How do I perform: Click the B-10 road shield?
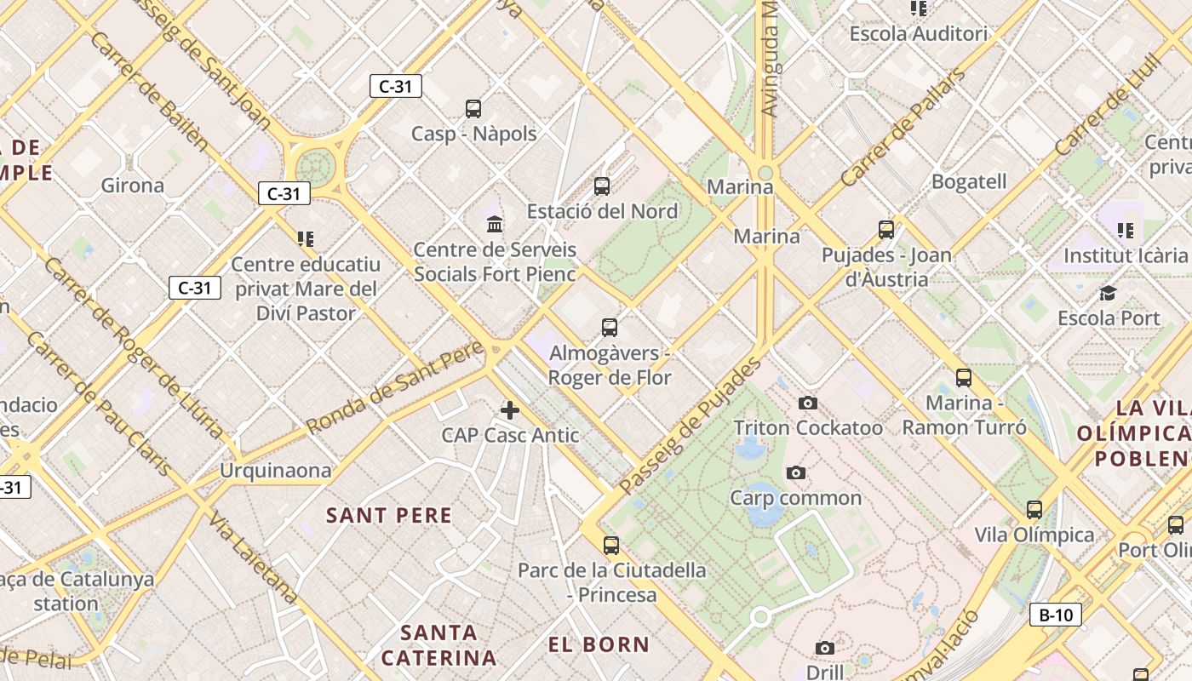1056,615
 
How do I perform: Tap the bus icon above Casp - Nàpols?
473,109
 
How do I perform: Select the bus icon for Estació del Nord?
602,186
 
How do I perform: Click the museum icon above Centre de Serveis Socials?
495,225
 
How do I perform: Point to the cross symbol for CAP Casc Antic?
510,410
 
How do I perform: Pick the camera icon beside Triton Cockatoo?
808,403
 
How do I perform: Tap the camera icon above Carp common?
796,472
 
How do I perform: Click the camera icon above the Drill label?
824,649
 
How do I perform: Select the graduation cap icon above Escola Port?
1108,294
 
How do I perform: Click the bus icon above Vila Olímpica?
1034,510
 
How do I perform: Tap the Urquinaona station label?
275,471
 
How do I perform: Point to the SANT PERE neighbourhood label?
389,515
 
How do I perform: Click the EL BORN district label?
599,644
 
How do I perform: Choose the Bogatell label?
969,181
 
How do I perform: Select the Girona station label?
133,185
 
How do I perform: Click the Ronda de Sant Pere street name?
395,386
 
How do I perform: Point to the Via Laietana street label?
253,558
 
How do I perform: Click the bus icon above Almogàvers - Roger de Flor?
610,328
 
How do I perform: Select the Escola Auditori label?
919,34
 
